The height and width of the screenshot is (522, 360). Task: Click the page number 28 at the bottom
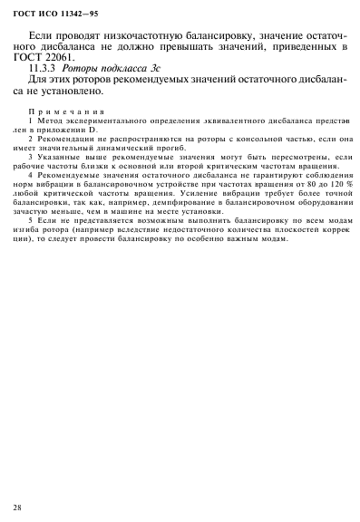pos(17,506)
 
